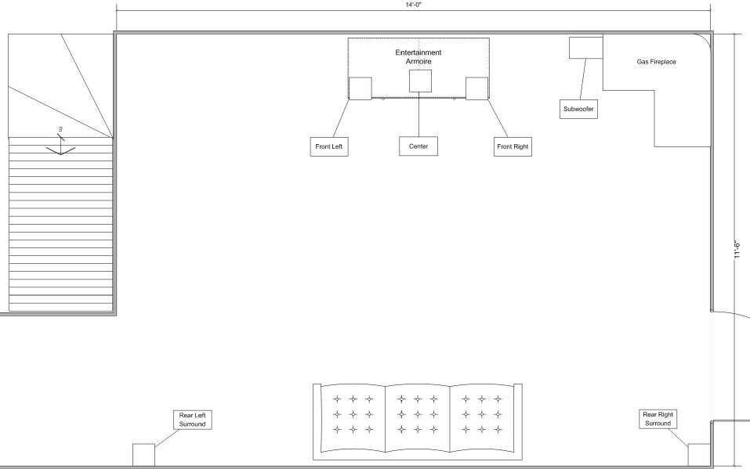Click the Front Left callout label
pyautogui.click(x=329, y=146)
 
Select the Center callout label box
pyautogui.click(x=418, y=146)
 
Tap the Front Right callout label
pyautogui.click(x=513, y=146)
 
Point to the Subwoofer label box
pyautogui.click(x=579, y=109)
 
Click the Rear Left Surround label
pyautogui.click(x=193, y=420)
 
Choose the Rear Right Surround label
pyautogui.click(x=658, y=419)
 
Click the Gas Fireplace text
pyautogui.click(x=656, y=62)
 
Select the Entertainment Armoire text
pyautogui.click(x=418, y=57)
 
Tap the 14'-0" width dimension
pyautogui.click(x=414, y=4)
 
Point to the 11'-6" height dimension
pyautogui.click(x=737, y=251)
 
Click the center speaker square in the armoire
pyautogui.click(x=420, y=81)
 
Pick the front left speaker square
pyautogui.click(x=361, y=88)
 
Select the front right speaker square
pyautogui.click(x=477, y=88)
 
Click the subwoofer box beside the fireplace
pyautogui.click(x=586, y=48)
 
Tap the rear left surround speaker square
pyautogui.click(x=143, y=455)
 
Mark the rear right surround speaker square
pyautogui.click(x=699, y=455)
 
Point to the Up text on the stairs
pyautogui.click(x=61, y=128)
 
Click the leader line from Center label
pyautogui.click(x=419, y=114)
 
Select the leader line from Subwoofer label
pyautogui.click(x=582, y=79)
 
